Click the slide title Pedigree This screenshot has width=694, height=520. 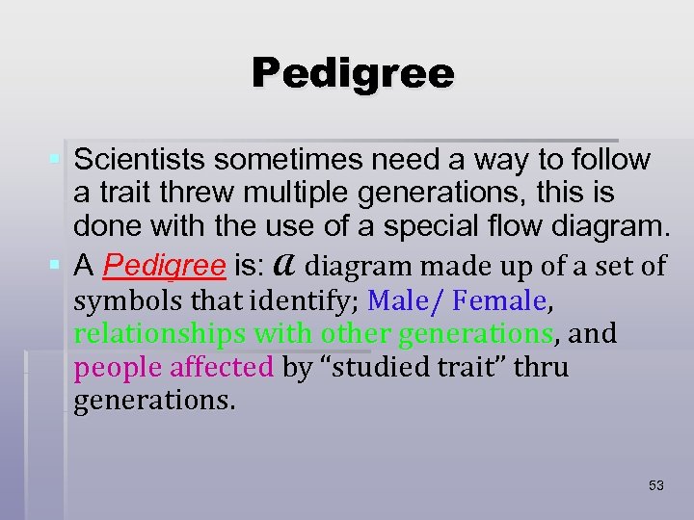(353, 74)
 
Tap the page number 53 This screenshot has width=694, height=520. (655, 485)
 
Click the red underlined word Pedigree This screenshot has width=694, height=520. (164, 265)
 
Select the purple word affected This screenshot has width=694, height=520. (222, 367)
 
